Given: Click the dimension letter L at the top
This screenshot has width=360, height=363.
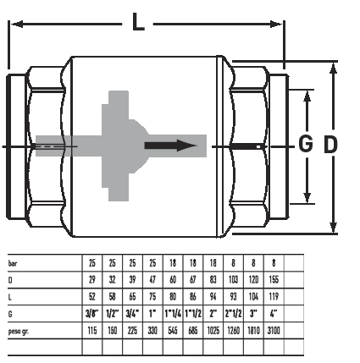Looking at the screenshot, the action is coord(138,22).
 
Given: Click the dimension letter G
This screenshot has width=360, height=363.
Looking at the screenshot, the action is coord(306,143).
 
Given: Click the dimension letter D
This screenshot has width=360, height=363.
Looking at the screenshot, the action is coord(330,145).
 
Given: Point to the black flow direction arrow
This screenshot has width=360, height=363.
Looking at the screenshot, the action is coord(170,146).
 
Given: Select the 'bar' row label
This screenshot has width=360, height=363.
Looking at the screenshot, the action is coord(13,263).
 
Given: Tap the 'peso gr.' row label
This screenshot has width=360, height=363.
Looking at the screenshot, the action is coord(19,331).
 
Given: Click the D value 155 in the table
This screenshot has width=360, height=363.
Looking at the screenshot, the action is coord(274,280).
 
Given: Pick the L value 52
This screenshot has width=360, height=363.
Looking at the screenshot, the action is coord(92,297).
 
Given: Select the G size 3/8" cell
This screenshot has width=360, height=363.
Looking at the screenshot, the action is coord(92,314).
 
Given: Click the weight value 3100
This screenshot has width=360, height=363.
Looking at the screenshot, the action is coord(274,331).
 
